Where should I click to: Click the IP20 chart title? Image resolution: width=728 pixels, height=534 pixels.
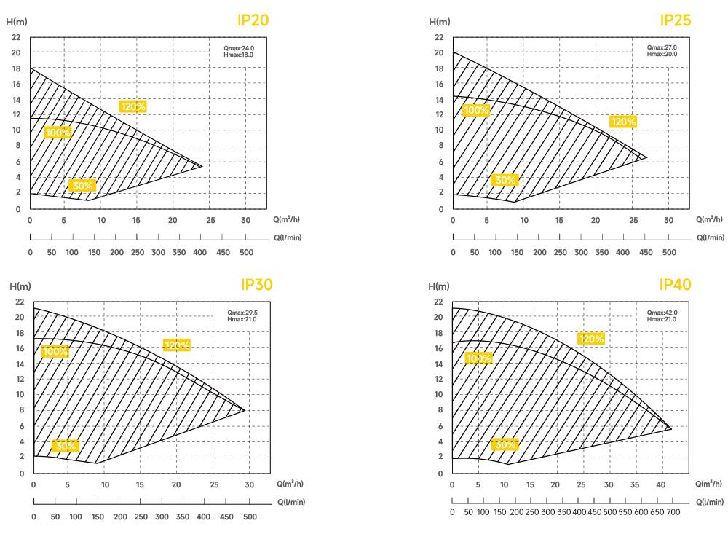point(253,20)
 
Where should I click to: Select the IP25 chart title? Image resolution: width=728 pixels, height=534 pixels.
point(675,20)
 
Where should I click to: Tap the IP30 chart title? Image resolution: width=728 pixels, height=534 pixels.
point(256,285)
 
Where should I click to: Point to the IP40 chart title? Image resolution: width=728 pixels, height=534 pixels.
point(675,285)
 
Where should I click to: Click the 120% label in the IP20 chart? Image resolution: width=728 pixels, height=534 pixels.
point(133,106)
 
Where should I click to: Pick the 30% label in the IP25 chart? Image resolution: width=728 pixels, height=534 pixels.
point(505,180)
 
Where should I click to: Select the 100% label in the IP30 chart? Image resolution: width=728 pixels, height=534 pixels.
point(55,351)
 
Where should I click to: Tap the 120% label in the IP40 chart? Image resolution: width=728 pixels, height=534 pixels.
point(591,339)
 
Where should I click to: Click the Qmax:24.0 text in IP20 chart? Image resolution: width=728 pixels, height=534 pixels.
point(240,48)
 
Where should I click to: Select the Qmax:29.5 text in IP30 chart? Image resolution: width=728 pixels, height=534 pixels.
point(242,313)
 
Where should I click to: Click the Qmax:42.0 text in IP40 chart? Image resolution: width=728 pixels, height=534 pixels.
point(662,313)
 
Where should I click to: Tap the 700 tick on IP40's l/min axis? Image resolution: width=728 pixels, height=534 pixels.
point(673,513)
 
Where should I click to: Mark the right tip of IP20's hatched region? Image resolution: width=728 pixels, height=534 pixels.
point(202,166)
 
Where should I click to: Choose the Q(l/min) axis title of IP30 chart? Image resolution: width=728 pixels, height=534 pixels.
point(291,502)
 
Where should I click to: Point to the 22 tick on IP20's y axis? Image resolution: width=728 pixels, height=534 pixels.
point(17,37)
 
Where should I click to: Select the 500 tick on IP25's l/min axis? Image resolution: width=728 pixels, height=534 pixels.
point(668,252)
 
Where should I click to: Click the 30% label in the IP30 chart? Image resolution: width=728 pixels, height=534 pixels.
point(66,446)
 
